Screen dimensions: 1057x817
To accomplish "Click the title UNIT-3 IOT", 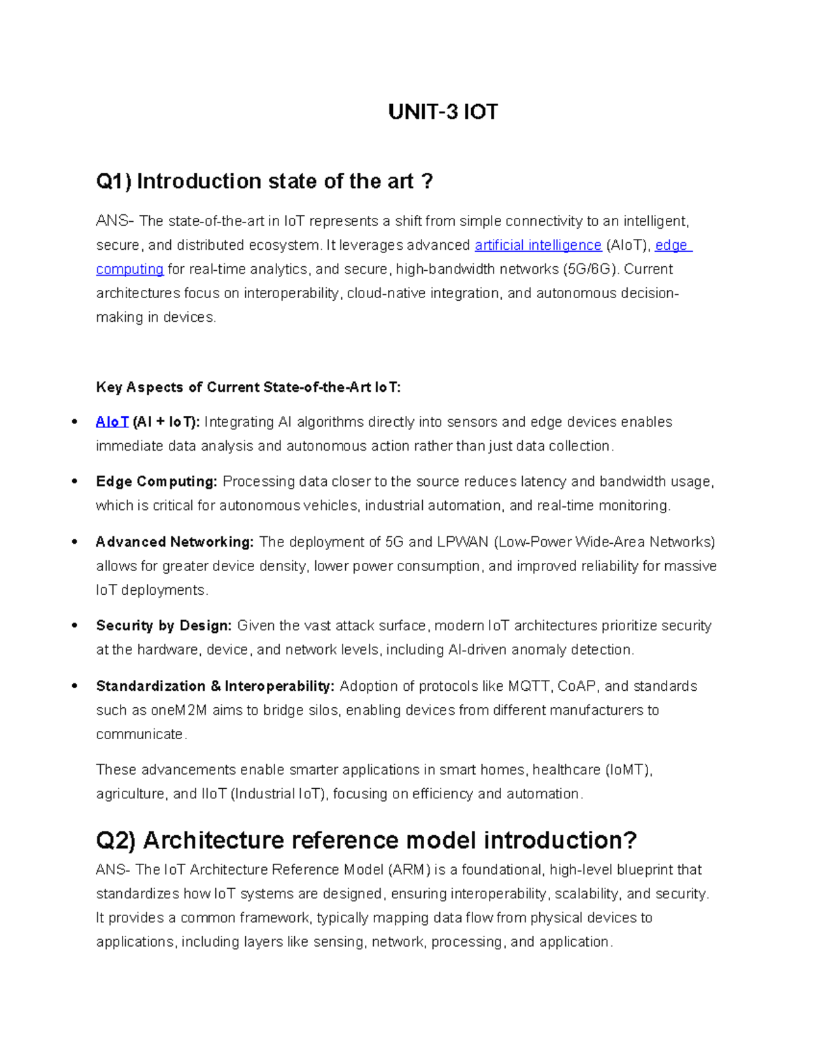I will point(443,112).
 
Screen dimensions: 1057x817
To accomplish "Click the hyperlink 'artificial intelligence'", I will point(538,245).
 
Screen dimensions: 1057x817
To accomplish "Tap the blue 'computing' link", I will point(129,269).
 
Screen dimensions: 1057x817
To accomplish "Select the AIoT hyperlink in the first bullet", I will point(112,422).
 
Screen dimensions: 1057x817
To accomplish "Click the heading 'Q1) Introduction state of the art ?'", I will point(264,181).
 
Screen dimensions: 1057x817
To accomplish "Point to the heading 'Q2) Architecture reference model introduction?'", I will point(366,840).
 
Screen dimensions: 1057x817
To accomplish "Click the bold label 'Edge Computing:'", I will point(157,482).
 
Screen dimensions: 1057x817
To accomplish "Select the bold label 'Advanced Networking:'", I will point(174,542).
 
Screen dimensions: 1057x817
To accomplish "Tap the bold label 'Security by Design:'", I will point(163,625).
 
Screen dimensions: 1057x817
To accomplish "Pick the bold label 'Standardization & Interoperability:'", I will point(215,686).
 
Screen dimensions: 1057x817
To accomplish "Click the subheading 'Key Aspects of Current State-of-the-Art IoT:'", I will point(248,387).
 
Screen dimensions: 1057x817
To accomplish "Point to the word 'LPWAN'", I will point(462,542).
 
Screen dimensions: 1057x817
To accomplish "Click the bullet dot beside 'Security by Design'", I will point(74,625).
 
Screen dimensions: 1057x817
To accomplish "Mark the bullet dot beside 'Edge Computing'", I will point(74,481).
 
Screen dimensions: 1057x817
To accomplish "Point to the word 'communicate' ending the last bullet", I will point(140,734).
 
